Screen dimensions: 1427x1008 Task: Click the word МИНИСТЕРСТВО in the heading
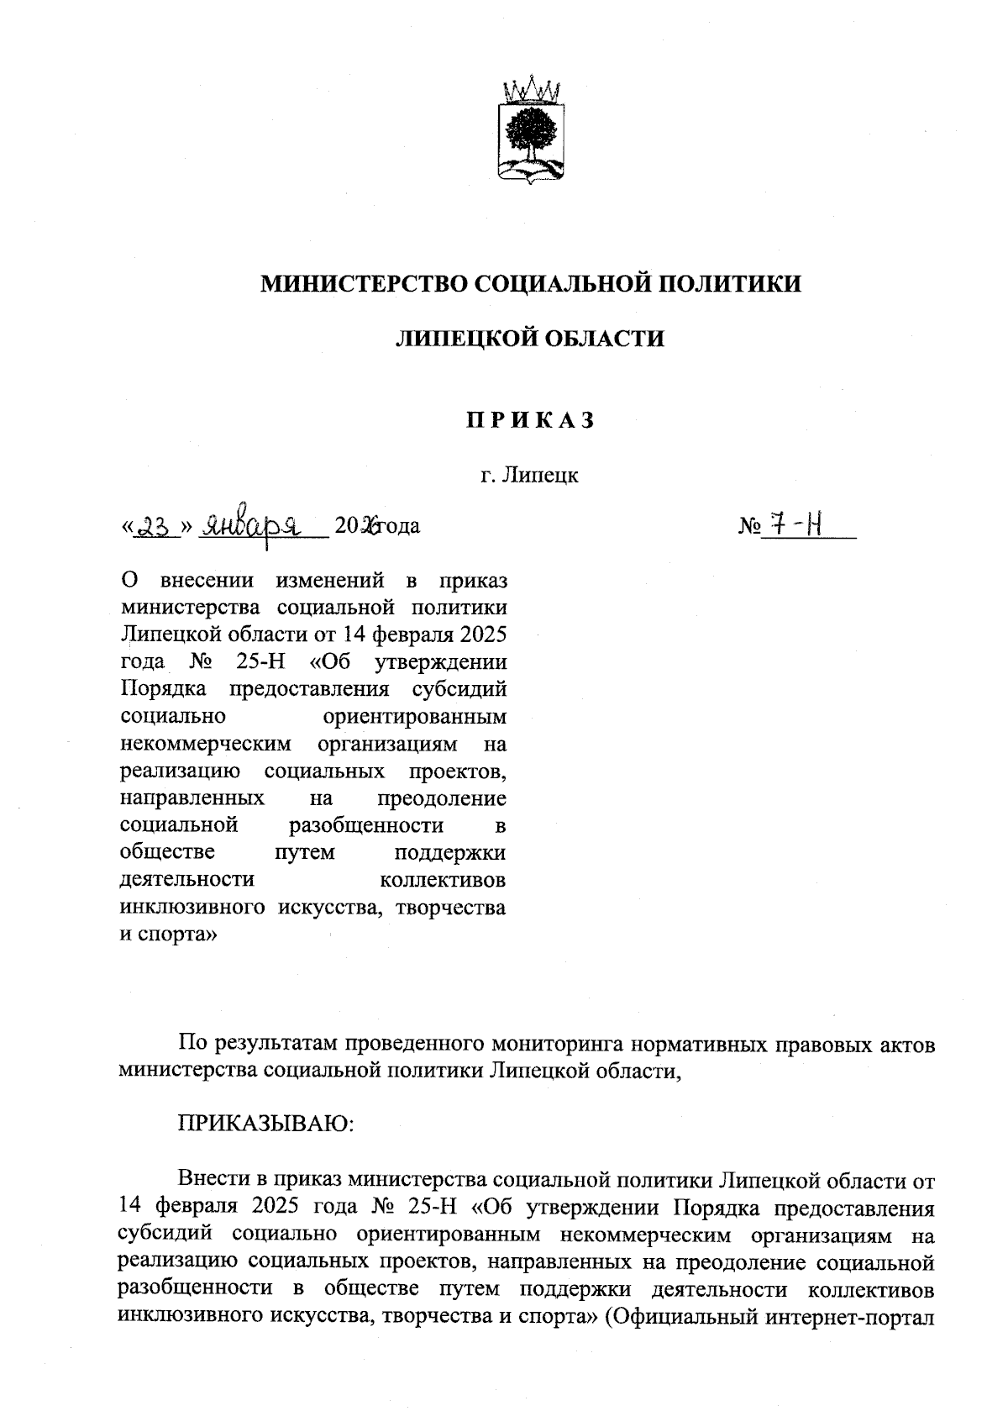365,284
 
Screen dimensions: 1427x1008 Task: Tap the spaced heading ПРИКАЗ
530,419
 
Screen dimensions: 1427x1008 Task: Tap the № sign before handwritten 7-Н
749,528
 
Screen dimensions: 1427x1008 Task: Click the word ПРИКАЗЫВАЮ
266,1124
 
